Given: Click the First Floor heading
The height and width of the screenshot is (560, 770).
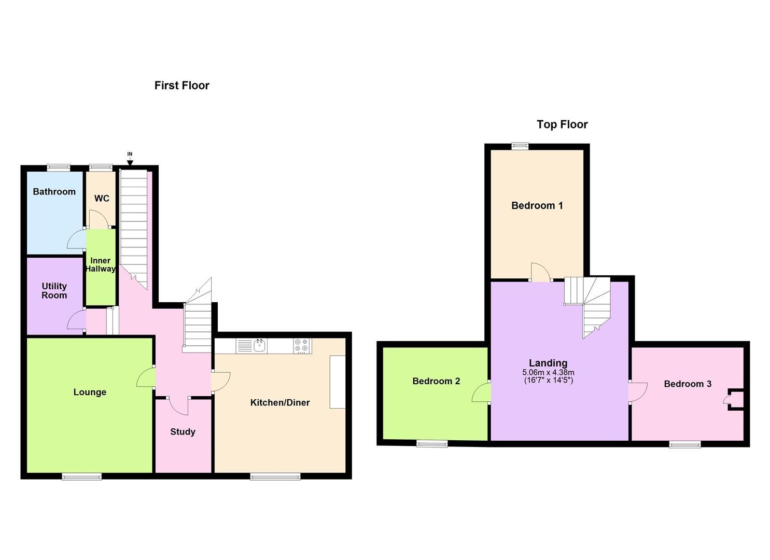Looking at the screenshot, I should (181, 86).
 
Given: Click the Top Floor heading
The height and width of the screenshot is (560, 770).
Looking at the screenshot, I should (562, 124).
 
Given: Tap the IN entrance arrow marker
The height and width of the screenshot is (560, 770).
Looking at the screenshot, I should (130, 161).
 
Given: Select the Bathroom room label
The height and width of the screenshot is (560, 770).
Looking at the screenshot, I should (54, 192).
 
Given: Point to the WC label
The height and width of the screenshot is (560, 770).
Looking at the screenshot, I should (102, 199).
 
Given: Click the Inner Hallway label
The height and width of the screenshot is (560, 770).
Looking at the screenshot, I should (101, 264).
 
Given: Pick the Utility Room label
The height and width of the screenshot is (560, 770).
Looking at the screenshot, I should (54, 291).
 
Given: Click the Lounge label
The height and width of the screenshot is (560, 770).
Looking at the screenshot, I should (90, 393).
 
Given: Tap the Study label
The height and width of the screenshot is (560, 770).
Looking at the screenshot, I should (183, 432).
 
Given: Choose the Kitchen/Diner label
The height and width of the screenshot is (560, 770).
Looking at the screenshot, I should (280, 403).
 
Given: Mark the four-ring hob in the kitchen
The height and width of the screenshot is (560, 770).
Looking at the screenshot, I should (302, 346).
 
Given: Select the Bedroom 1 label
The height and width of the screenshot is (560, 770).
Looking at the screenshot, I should (537, 206).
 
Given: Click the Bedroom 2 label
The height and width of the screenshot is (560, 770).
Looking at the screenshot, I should (436, 382).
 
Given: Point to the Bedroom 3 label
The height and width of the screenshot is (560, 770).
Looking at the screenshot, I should (688, 384).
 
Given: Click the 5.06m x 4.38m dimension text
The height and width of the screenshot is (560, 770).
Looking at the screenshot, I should (548, 372).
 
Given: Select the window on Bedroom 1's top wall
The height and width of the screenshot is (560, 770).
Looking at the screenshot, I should (520, 146).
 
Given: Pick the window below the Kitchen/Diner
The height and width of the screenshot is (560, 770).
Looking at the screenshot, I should (275, 477).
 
